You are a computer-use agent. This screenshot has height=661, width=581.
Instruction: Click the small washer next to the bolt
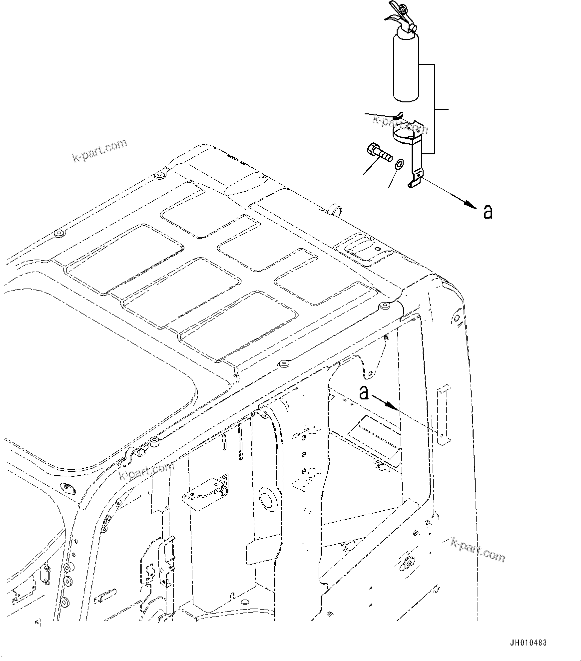[x=399, y=165]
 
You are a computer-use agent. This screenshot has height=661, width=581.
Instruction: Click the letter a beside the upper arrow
[x=488, y=212]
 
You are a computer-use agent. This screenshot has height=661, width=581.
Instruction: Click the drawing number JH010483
[x=529, y=644]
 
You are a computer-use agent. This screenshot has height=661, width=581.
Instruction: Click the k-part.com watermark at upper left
[x=100, y=151]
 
